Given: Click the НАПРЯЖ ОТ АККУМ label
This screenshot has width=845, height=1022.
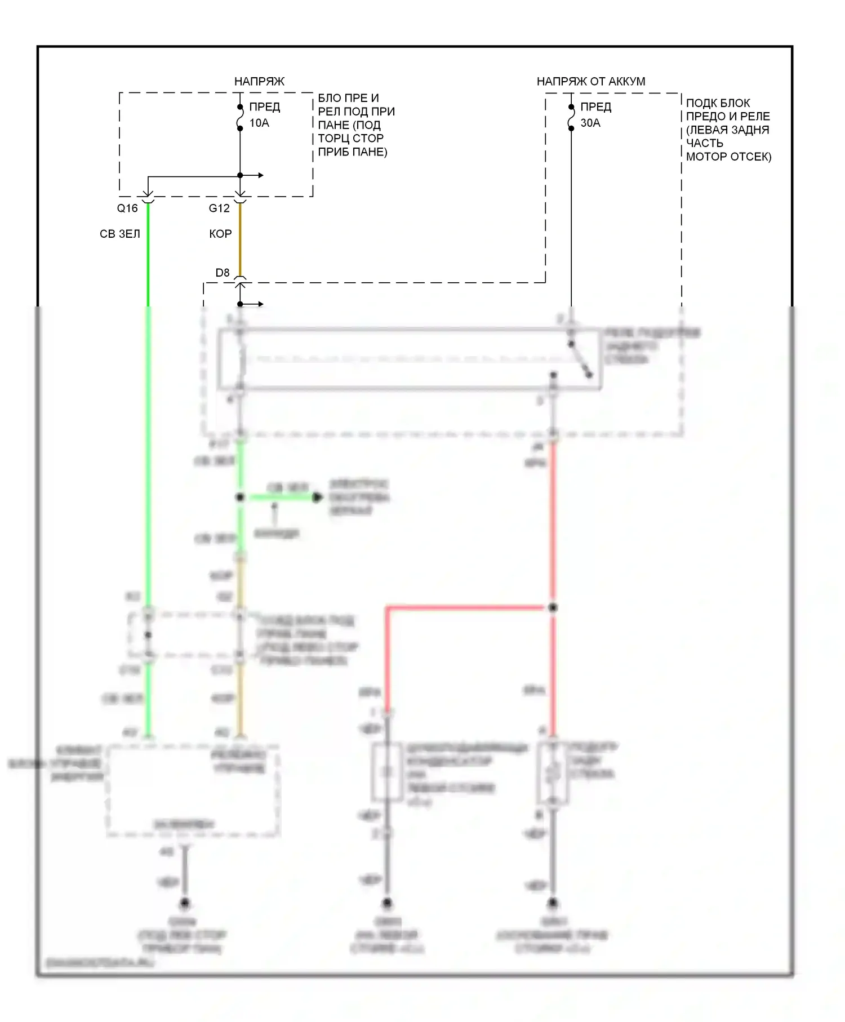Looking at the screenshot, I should click(590, 81).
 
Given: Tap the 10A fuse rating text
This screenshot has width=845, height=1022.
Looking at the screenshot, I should click(259, 123).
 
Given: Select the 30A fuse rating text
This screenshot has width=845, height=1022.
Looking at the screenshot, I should click(590, 123).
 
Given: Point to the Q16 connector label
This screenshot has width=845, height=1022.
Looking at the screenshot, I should click(127, 208).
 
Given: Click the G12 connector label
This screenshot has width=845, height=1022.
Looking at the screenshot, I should click(219, 208).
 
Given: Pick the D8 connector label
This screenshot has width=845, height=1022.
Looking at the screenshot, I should click(223, 273).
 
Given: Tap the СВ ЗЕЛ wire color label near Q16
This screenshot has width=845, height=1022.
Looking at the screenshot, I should click(119, 234).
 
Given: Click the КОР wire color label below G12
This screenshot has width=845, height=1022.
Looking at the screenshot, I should click(220, 234).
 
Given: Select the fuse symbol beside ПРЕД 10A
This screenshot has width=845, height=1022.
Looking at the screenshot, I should click(240, 117).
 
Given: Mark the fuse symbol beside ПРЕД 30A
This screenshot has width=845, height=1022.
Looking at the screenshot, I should click(571, 117).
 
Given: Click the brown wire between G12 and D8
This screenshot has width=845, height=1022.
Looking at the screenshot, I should click(240, 242).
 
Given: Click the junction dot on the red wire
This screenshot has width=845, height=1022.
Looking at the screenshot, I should click(553, 607).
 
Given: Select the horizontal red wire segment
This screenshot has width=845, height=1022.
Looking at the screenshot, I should click(468, 607).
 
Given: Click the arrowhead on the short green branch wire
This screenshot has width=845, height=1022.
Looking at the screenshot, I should click(318, 497).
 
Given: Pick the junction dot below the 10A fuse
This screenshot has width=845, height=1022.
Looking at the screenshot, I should click(240, 175).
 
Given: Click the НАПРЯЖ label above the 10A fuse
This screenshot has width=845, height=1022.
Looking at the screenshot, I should click(259, 81).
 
